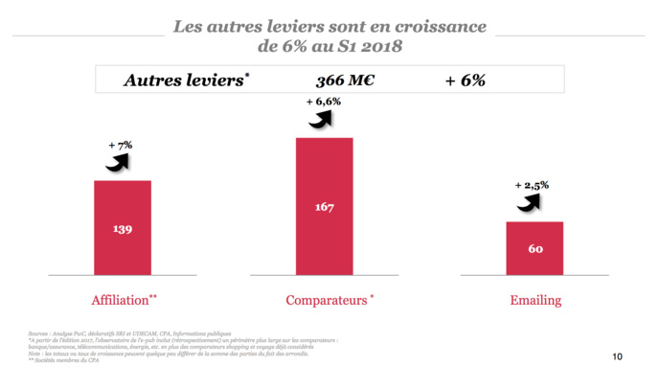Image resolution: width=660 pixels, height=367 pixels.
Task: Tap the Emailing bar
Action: coord(535,248)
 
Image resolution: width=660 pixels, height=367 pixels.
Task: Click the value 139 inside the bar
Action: coord(122,231)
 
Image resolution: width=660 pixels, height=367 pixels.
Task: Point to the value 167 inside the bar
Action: coord(324,206)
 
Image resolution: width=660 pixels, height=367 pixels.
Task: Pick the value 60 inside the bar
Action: coord(535,249)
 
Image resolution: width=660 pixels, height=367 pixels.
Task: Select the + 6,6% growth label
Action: coord(324,102)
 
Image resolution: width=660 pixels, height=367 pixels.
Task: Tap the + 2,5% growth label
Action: coord(532,184)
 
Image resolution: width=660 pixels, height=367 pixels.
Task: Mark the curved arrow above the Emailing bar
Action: coord(529,201)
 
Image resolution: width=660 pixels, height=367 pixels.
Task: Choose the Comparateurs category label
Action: coord(326,301)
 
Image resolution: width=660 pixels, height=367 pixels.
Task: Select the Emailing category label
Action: coord(535,301)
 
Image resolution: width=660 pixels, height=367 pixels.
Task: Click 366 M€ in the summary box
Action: coord(345,80)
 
